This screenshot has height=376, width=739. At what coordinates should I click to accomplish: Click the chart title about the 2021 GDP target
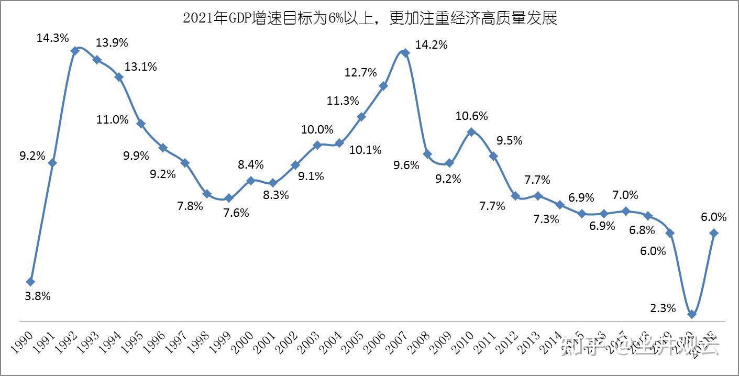370,19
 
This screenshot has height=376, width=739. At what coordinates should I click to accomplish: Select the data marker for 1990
30,282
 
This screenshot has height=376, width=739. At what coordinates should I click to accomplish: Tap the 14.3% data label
53,38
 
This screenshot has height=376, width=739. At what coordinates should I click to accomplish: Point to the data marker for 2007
405,52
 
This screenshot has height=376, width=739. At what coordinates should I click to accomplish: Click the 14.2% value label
431,45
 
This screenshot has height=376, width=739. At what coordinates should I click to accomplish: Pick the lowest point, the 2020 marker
692,315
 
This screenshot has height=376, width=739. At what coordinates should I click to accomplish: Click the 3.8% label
38,296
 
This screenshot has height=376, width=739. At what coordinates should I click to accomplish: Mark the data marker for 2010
471,132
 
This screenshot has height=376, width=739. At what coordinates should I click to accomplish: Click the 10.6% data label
471,116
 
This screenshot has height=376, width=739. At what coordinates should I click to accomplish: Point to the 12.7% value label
361,73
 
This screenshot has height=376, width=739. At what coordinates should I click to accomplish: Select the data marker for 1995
141,124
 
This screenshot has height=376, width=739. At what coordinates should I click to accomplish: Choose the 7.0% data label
625,195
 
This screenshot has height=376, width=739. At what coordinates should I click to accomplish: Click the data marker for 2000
251,181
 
